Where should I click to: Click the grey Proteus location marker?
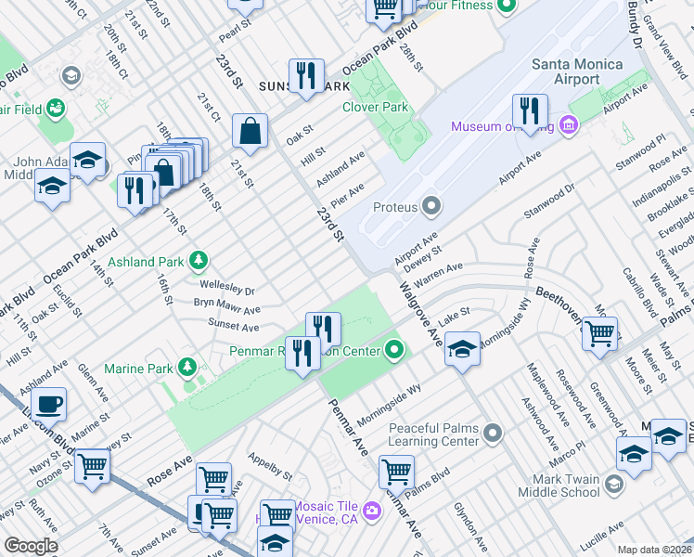431,205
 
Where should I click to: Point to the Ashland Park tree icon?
198,260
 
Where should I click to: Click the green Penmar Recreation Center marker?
395,350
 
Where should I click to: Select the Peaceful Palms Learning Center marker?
494,433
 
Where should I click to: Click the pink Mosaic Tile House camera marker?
372,510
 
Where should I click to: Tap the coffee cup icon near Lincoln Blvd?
48,404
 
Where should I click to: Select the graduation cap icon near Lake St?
462,349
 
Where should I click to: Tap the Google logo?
31,546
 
